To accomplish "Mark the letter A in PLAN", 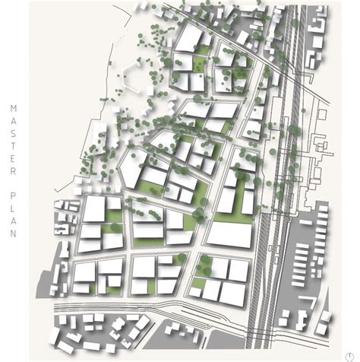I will [13, 221].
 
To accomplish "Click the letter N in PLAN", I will [13, 233].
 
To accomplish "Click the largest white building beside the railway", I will [229, 234].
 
